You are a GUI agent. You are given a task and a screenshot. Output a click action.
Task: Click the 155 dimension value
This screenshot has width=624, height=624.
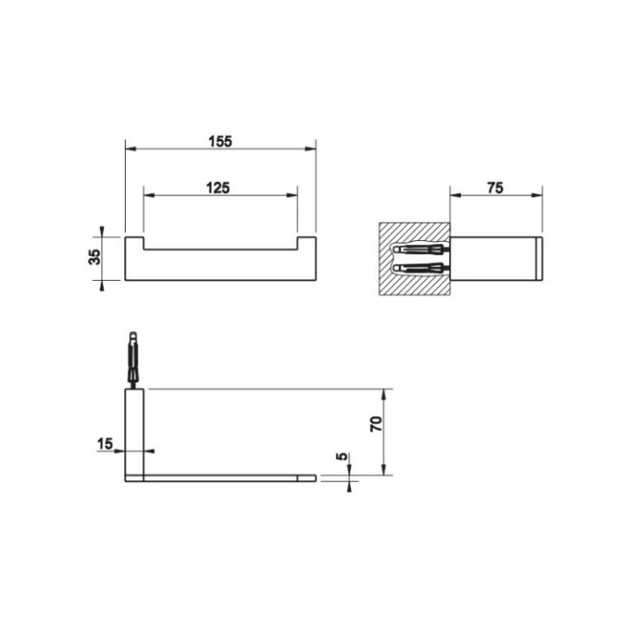click(220, 142)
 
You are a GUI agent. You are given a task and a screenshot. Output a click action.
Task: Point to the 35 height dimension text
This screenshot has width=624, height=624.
click(95, 257)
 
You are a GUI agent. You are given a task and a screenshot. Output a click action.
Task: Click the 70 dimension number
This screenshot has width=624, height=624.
click(375, 424)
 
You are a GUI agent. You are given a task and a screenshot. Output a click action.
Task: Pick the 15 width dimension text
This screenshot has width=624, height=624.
click(105, 444)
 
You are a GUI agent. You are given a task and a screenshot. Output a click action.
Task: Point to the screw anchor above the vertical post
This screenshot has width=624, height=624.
click(133, 359)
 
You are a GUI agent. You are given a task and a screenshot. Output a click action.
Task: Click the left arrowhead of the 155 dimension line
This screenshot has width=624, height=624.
click(129, 149)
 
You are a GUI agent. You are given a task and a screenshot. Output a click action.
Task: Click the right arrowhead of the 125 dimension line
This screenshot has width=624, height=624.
click(294, 196)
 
